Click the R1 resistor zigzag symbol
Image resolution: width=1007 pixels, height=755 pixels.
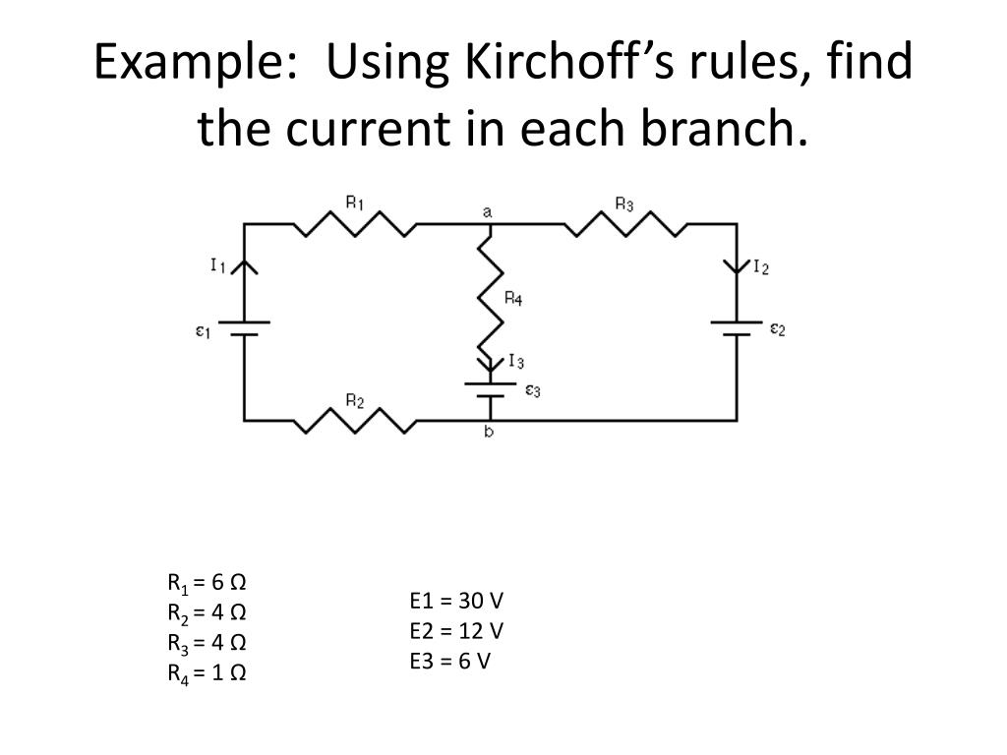pyautogui.click(x=355, y=223)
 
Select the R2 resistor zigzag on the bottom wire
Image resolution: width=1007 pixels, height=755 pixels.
pyautogui.click(x=355, y=421)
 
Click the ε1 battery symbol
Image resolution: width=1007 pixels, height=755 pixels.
pyautogui.click(x=244, y=328)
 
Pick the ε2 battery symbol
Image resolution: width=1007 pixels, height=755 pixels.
pyautogui.click(x=737, y=328)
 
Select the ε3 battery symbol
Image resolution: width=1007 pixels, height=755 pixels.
pyautogui.click(x=491, y=389)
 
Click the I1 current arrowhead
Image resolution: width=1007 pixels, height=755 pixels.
pyautogui.click(x=244, y=267)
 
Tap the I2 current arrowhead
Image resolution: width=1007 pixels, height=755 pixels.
pyautogui.click(x=737, y=266)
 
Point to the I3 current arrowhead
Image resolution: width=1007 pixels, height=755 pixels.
pyautogui.click(x=491, y=365)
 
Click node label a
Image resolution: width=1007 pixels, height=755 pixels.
pyautogui.click(x=488, y=212)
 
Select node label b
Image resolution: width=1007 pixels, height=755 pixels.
pyautogui.click(x=489, y=432)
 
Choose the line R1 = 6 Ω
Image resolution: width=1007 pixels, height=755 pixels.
pyautogui.click(x=207, y=583)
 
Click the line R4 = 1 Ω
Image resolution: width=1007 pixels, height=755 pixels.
pyautogui.click(x=207, y=673)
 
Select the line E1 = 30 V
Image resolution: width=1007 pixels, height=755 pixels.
pyautogui.click(x=456, y=601)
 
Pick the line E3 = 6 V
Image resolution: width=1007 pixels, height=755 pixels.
pyautogui.click(x=450, y=662)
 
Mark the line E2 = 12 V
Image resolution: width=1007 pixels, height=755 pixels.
pyautogui.click(x=456, y=631)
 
